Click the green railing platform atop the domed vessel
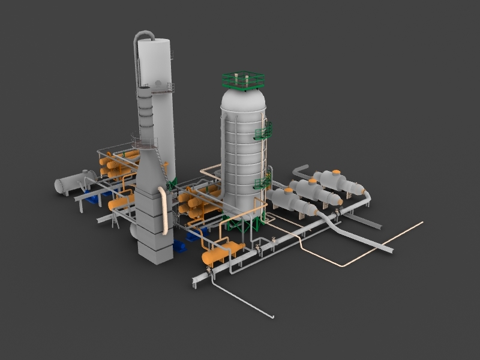[x=243, y=80]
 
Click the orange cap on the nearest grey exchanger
[x=288, y=191]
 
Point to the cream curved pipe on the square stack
[x=163, y=210]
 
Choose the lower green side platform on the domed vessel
[x=263, y=182]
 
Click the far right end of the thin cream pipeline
[x=422, y=223]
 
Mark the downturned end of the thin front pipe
[x=273, y=316]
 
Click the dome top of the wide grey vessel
[x=242, y=96]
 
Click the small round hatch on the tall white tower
[x=158, y=83]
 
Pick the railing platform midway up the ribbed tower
[x=144, y=143]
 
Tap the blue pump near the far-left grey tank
[x=93, y=199]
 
